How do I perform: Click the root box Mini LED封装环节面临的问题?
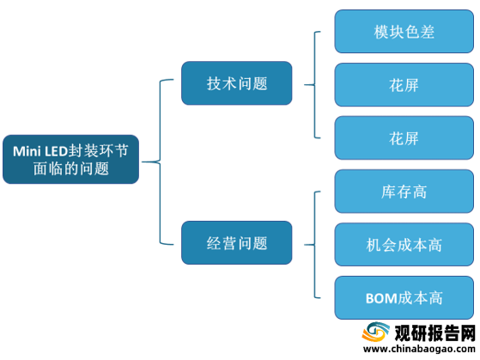tap(70, 159)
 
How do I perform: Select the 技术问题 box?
tap(237, 83)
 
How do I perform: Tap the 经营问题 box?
tap(237, 243)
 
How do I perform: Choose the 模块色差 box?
tap(404, 32)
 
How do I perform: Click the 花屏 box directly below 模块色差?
tap(404, 85)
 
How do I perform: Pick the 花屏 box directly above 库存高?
tap(404, 137)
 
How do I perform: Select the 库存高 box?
tap(404, 192)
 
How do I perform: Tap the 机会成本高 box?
tap(404, 245)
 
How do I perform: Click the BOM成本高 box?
tap(404, 298)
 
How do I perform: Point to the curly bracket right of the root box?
tap(160, 162)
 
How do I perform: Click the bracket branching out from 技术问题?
tap(314, 85)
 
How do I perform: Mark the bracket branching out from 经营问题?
tap(314, 245)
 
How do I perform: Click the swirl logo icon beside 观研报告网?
tap(376, 333)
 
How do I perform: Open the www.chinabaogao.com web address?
tap(419, 350)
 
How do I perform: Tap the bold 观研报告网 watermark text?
tap(434, 333)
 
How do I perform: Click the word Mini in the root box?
tap(27, 151)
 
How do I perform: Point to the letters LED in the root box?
tap(56, 151)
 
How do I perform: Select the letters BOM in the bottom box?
tap(380, 298)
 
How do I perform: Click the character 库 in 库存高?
tap(388, 192)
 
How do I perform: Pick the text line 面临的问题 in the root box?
tap(70, 168)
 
